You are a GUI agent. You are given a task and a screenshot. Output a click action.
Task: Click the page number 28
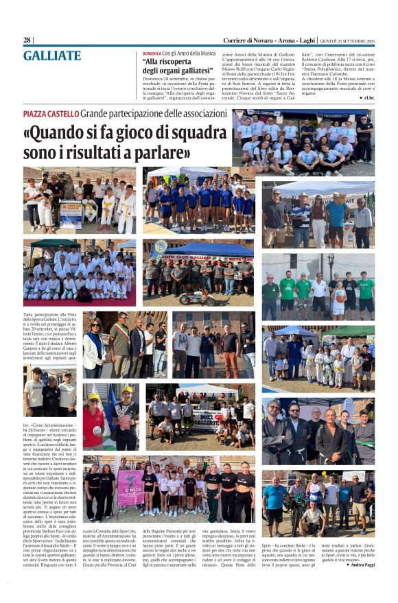[x=27, y=40]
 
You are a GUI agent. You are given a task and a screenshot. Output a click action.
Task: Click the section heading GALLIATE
[x=51, y=56]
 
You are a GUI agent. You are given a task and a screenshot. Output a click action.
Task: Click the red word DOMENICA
[x=152, y=53]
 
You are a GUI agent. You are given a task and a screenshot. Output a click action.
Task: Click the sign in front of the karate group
[x=70, y=215]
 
